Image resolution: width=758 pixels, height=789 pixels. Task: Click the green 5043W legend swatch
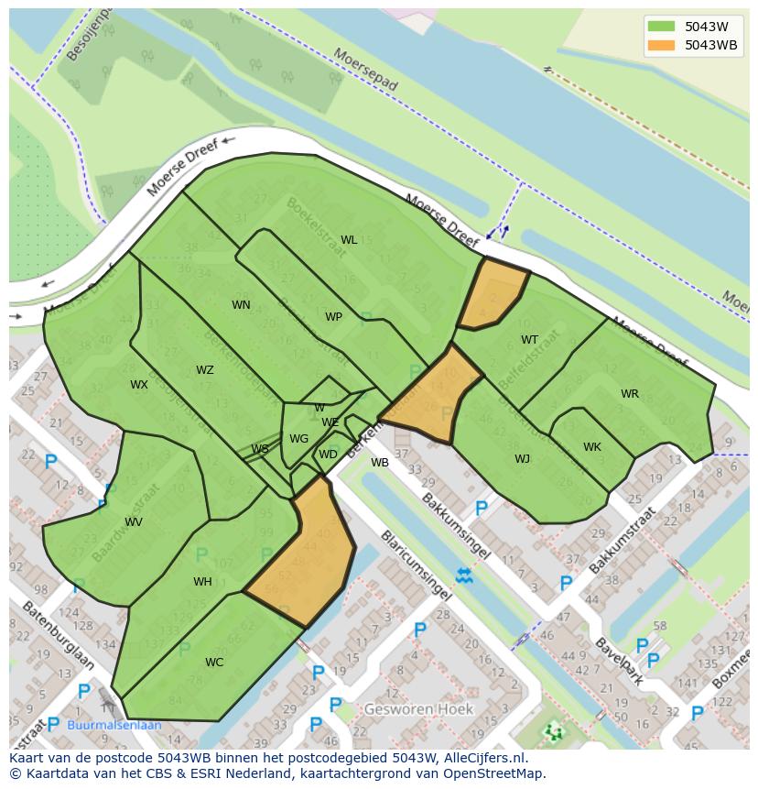(x=660, y=27)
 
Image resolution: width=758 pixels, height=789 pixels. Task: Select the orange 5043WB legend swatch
(x=660, y=45)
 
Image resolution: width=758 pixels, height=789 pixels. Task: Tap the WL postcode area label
(x=349, y=240)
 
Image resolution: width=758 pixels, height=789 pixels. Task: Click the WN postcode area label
(x=241, y=305)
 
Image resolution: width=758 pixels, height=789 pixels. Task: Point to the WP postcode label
(x=333, y=317)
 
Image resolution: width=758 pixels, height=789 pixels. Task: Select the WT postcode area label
(x=529, y=340)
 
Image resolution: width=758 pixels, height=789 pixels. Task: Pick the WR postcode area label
(x=630, y=394)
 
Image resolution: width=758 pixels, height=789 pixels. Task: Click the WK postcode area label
(x=592, y=447)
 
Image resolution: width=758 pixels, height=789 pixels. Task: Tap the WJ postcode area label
(x=522, y=459)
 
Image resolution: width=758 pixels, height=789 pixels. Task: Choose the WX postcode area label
(x=138, y=385)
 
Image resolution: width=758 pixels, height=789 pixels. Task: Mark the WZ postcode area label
(x=204, y=370)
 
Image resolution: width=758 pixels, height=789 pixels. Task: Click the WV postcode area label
(x=134, y=522)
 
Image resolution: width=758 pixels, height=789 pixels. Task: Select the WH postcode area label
(x=202, y=582)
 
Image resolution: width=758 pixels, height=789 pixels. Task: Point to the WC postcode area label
(x=214, y=663)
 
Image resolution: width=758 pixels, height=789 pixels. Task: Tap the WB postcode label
(x=380, y=463)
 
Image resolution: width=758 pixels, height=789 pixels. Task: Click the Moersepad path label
(x=365, y=70)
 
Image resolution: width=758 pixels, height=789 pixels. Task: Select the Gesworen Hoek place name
(x=418, y=709)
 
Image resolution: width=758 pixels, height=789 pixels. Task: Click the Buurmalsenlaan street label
(x=114, y=725)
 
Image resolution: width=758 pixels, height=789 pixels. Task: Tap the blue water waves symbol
(x=464, y=575)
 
